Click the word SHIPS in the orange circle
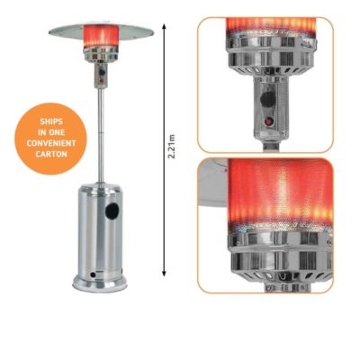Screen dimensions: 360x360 (51, 121)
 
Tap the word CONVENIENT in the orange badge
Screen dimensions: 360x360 (51, 143)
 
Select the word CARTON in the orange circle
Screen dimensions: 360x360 (51, 154)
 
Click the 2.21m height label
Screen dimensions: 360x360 (171, 147)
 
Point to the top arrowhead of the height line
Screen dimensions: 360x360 (164, 26)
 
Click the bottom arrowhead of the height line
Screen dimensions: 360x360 (164, 274)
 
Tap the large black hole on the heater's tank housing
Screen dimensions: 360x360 (112, 211)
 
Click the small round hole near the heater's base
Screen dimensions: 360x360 (94, 274)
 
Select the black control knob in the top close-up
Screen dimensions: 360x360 (268, 99)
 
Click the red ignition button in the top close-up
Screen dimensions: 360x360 (269, 122)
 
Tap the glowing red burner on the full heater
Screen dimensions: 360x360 (101, 35)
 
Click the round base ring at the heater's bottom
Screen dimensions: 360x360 (100, 283)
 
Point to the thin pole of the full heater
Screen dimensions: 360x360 (101, 135)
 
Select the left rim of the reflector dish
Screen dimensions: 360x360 (50, 31)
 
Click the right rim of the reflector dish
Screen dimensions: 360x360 (152, 31)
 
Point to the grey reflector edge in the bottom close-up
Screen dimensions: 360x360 (213, 183)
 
